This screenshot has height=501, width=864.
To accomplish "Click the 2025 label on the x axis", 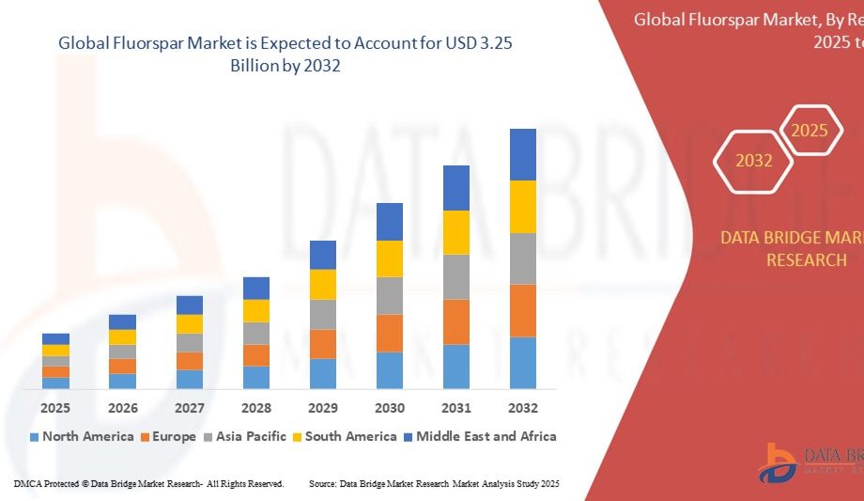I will coord(55,408).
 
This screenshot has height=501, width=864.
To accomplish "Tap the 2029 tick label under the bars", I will coord(323,408).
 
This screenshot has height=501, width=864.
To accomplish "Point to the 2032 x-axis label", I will coord(523,408).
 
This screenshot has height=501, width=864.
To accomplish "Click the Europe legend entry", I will coord(169,436).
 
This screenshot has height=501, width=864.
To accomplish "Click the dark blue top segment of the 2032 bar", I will coord(523,154).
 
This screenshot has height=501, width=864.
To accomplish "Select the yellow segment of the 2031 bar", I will coord(456,232).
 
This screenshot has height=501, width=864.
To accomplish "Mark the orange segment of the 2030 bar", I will coord(390,333).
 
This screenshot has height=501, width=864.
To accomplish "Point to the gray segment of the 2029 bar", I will coord(323,314).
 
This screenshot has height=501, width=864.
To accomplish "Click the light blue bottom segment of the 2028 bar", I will coord(256,377).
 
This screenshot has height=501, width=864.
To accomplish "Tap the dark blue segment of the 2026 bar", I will coord(122,321).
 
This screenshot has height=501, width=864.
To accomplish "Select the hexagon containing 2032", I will coord(754,161).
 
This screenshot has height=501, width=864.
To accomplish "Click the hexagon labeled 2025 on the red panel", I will coord(810,131).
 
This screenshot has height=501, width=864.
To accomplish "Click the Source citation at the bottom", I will coord(434,483).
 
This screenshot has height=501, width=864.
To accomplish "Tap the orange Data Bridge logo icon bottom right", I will coord(777,463).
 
